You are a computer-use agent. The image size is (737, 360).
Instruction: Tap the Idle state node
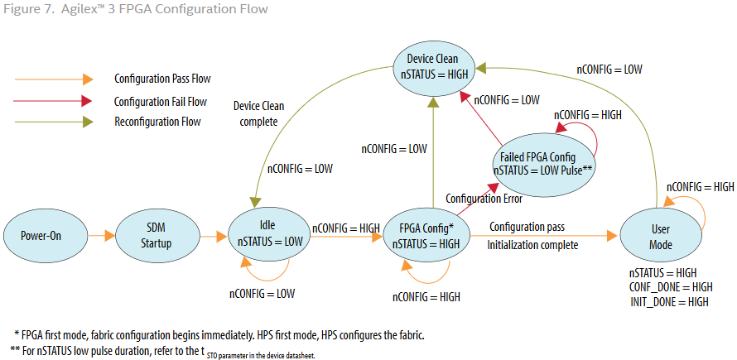pos(267,236)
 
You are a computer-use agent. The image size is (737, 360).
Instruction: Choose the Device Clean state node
pos(436,66)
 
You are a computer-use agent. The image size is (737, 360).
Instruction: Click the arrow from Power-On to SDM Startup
pos(99,236)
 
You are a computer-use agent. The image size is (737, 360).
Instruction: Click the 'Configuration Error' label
pos(484,199)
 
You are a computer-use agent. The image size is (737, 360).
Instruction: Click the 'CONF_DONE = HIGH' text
pos(671,287)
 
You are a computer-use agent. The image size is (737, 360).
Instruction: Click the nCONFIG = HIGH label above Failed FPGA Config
pos(587,115)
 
